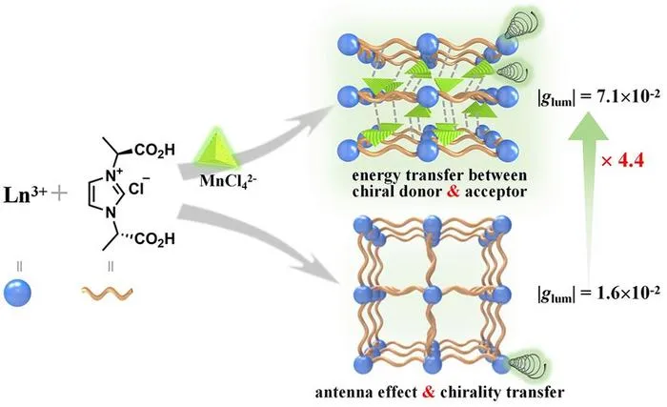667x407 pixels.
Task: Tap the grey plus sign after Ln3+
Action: point(59,194)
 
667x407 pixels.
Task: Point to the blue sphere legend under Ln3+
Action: point(17,293)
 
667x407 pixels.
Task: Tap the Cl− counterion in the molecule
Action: point(139,188)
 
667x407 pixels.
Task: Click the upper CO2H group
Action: point(154,151)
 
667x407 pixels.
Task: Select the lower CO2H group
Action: point(154,238)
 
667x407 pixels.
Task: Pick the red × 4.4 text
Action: point(623,161)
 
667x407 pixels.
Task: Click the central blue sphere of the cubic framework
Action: point(433,295)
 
